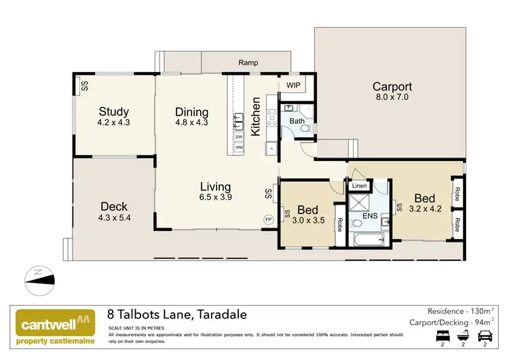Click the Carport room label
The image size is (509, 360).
(x=392, y=87)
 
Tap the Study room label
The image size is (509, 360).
(x=113, y=112)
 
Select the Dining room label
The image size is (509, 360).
(x=191, y=112)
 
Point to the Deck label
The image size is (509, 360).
(x=114, y=207)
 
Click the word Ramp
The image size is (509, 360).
(x=248, y=63)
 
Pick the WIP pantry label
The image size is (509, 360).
(x=293, y=85)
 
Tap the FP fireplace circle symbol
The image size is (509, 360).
(x=269, y=219)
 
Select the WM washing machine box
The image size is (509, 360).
(x=239, y=147)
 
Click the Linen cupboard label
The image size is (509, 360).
(x=358, y=185)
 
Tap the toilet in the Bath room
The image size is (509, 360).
(x=305, y=127)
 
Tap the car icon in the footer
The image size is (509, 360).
(x=485, y=336)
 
